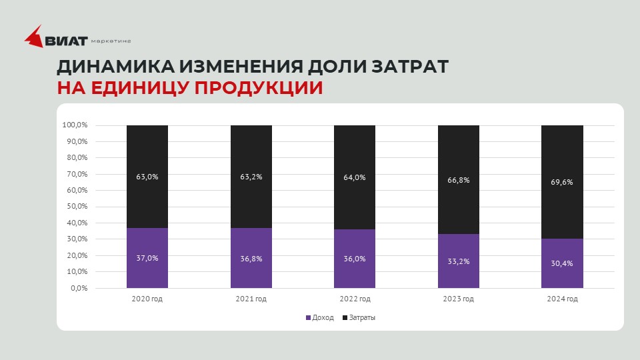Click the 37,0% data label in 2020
tap(147, 258)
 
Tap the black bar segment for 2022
tap(355, 153)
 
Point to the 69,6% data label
tap(562, 181)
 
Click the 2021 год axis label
tap(251, 299)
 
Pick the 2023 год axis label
tap(458, 299)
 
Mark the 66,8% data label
tap(459, 180)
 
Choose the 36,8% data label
tap(251, 258)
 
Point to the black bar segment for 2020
tap(147, 153)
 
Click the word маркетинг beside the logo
tap(111, 41)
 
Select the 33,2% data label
tap(459, 261)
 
